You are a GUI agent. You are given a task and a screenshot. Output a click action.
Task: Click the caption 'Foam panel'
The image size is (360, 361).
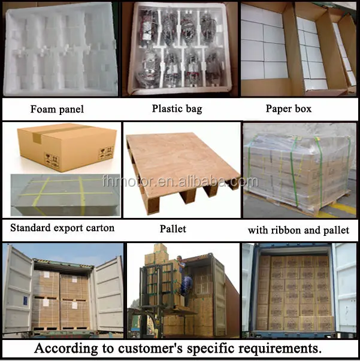pos(58,109)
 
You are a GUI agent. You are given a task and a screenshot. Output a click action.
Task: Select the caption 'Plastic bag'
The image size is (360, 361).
pos(177,109)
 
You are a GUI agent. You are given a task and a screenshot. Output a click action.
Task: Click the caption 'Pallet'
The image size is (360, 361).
pos(173,229)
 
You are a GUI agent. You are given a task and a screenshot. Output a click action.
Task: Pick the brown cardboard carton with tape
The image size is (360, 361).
pos(63,147)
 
